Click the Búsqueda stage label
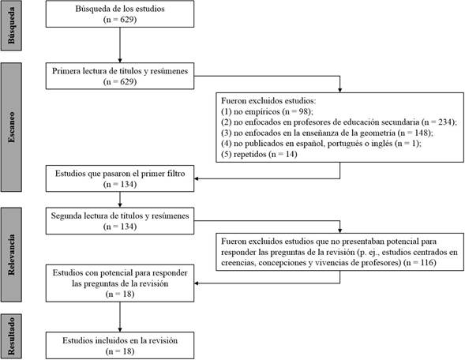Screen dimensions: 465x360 (11, 25)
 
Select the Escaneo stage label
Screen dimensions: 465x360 (11, 127)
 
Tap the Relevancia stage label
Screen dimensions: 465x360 (11, 254)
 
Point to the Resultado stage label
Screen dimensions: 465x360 (11, 336)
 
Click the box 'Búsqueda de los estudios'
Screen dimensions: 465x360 (120, 14)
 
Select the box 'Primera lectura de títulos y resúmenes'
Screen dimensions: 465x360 (120, 76)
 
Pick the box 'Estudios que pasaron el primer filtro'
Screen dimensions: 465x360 (120, 178)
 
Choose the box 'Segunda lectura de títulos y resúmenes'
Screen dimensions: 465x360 (120, 221)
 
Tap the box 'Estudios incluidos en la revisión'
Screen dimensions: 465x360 (120, 346)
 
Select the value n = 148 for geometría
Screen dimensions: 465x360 (416, 133)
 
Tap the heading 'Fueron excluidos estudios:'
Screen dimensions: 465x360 (268, 100)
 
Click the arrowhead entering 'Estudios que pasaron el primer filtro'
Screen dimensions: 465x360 (197, 178)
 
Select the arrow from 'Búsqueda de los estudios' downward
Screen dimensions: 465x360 (120, 45)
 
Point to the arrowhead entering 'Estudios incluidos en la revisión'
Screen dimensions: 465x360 (120, 330)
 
